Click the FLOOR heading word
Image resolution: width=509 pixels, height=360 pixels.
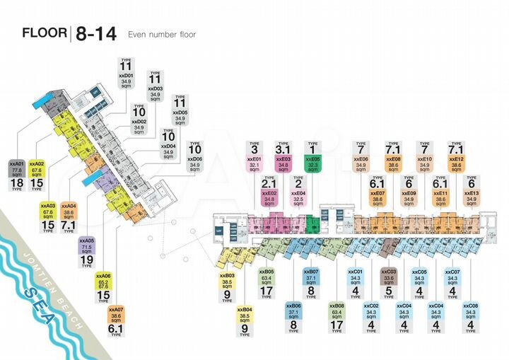(45, 33)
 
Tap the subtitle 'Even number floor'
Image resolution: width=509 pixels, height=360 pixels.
(161, 34)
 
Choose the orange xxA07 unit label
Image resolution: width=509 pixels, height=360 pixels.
(115, 315)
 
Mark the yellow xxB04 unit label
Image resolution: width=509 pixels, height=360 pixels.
(245, 315)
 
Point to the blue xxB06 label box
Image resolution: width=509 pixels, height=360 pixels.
(295, 312)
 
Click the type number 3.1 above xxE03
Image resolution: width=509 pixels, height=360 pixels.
(283, 150)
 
